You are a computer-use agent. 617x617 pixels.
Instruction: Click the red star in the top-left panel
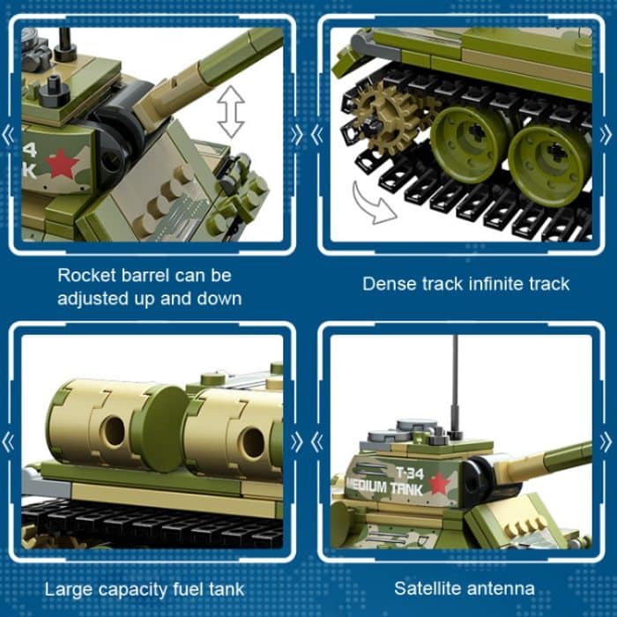pos(61,163)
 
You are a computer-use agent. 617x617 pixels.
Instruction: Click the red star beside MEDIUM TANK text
pos(440,484)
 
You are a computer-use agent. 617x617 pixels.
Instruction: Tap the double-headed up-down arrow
pos(231,112)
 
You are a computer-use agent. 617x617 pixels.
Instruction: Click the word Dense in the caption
pos(387,284)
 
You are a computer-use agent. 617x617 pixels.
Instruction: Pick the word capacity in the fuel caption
pos(137,589)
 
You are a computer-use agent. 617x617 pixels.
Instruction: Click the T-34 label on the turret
pos(410,472)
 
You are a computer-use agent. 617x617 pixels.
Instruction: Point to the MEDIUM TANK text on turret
pos(385,486)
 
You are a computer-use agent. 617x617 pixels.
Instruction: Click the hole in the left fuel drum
pos(113,430)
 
